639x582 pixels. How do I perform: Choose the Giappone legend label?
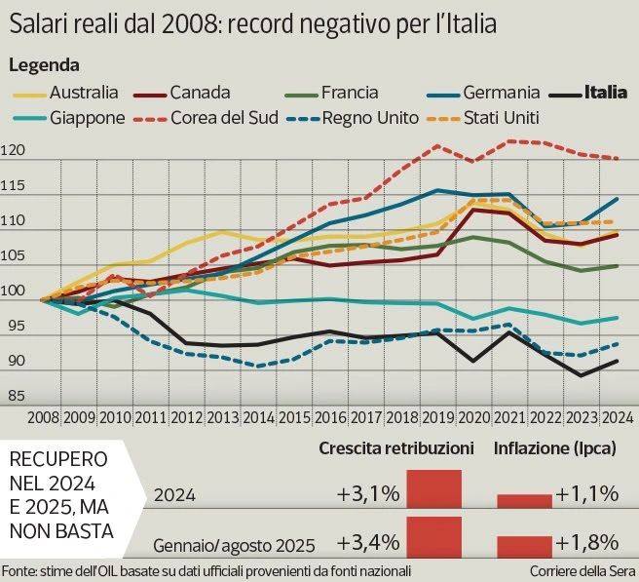point(88,118)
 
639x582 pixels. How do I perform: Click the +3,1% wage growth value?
point(368,494)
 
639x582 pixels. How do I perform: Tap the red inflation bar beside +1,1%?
point(524,500)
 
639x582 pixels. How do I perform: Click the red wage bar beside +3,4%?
point(433,538)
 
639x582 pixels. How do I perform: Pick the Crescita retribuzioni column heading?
point(396,448)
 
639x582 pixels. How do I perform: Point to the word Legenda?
point(44,65)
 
